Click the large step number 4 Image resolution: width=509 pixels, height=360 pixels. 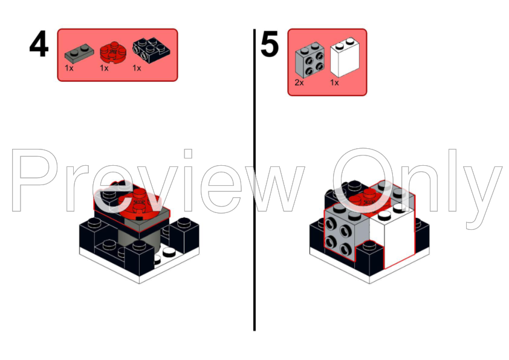click(39, 44)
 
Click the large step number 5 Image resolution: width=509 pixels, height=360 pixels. click(270, 44)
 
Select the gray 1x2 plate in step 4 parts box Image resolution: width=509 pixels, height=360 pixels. click(79, 53)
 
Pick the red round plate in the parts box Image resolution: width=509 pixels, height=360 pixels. click(113, 52)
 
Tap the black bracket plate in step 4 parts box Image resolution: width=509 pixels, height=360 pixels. click(151, 51)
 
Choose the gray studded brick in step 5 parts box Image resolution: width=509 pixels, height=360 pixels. click(310, 59)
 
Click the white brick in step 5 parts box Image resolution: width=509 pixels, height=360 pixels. click(345, 57)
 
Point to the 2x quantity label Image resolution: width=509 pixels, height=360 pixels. click(299, 83)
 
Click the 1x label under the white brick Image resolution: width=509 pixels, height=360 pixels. click(334, 83)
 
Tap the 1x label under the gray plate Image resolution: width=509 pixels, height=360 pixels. click(69, 68)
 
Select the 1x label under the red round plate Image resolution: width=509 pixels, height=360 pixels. click(104, 68)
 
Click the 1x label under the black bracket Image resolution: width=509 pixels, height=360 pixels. click(137, 68)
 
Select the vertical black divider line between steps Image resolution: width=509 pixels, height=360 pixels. click(254, 180)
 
